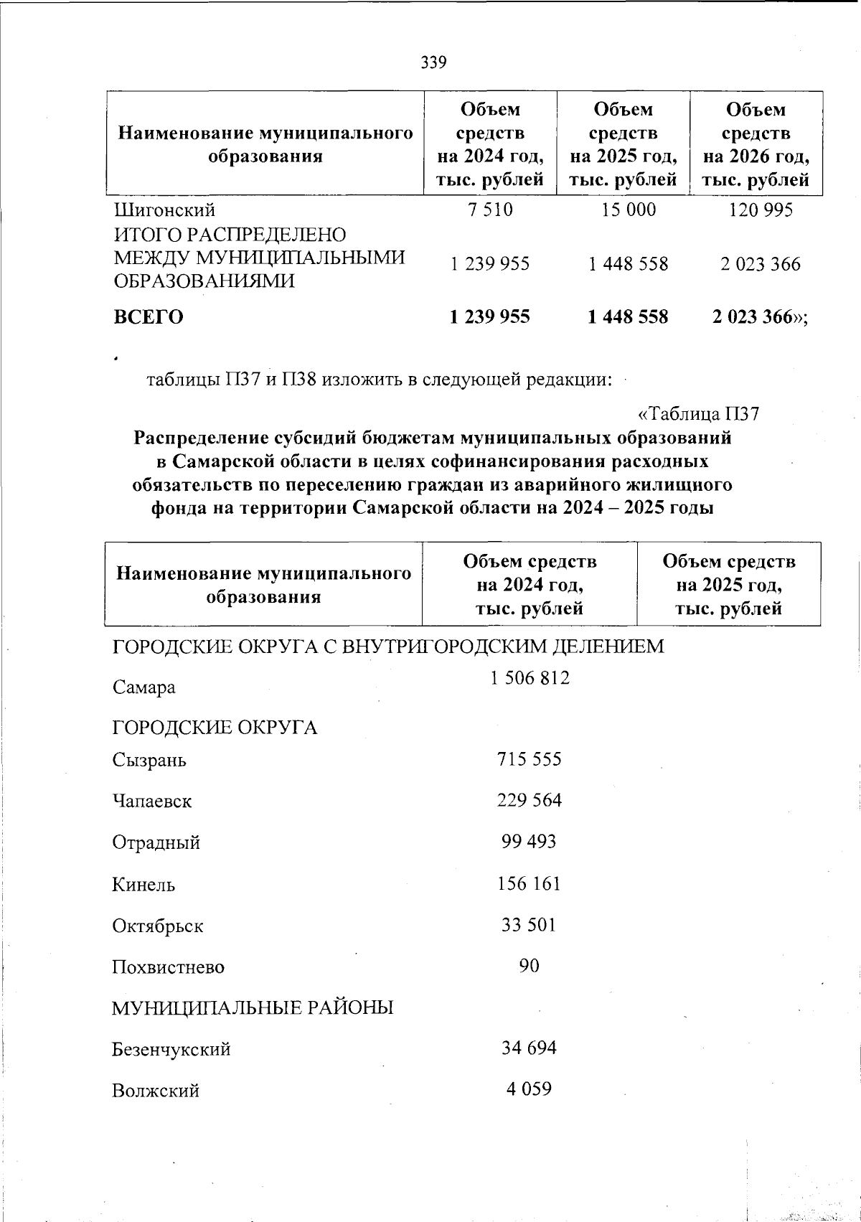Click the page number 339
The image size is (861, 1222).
coord(433,62)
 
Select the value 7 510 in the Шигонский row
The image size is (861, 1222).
coord(490,210)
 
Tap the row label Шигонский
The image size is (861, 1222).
coord(165,210)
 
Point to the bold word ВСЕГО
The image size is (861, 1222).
coord(149,317)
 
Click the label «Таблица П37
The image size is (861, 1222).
coord(698,414)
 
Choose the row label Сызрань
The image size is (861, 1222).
coord(149,760)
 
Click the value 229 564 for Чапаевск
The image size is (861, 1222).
coord(530,800)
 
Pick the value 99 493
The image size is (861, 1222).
coord(529,842)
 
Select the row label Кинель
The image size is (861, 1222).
coord(143,884)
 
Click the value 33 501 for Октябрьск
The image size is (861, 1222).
coord(529,925)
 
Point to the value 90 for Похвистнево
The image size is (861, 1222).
coord(529,966)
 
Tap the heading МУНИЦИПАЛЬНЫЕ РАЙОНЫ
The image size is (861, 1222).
coord(253,1008)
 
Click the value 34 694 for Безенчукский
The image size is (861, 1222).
coord(529,1048)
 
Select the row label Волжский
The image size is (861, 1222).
coord(156,1091)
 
